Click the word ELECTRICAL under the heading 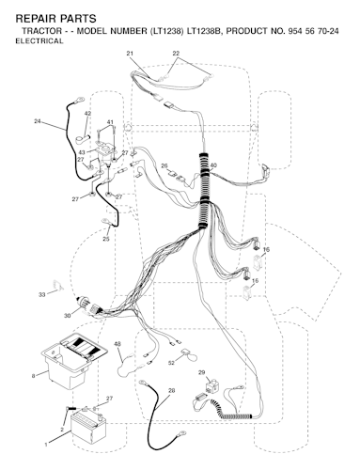tap(39, 41)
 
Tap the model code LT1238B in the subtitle tap(204, 31)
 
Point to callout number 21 tap(130, 54)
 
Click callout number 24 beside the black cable tap(38, 121)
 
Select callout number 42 tap(87, 113)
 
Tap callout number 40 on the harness tap(213, 165)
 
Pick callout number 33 tap(42, 294)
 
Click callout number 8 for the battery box tap(34, 376)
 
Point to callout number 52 tap(171, 363)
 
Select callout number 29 tap(202, 372)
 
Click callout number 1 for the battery tap(46, 445)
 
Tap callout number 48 tap(117, 344)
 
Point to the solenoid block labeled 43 tap(105, 153)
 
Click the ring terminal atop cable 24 tap(79, 101)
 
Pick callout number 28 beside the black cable tap(171, 391)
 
